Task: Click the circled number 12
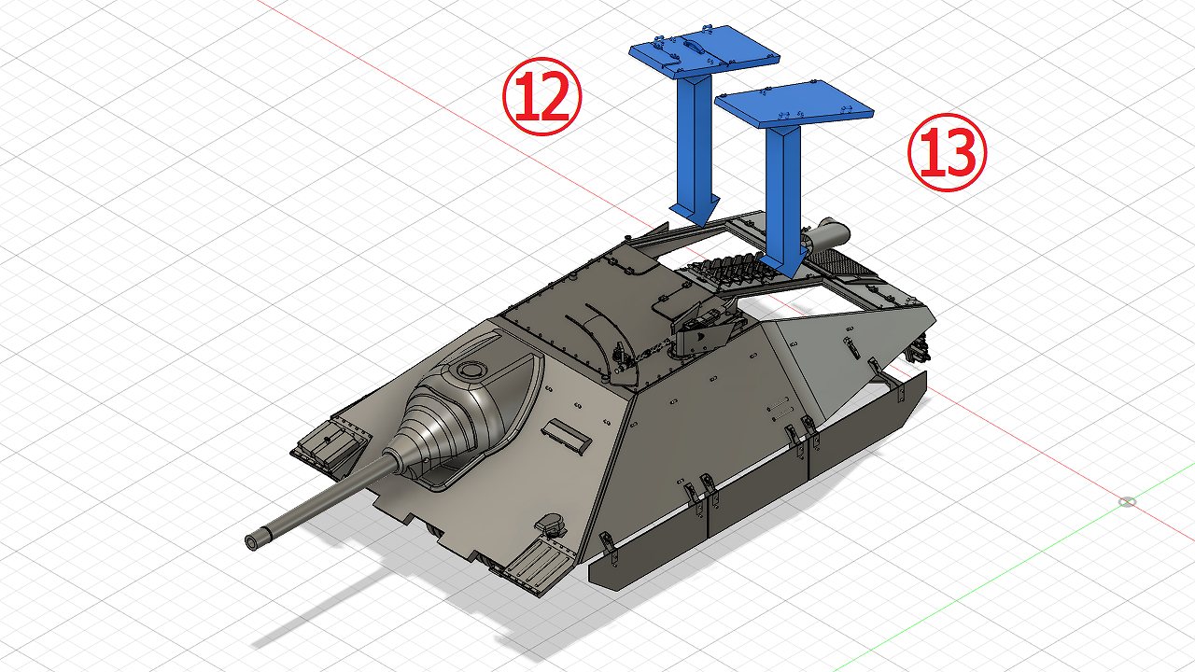point(541,96)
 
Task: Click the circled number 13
point(947,152)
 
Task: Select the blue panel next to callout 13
point(794,104)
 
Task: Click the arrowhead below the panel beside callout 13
point(783,263)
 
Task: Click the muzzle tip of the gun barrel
point(252,542)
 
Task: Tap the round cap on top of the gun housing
point(470,369)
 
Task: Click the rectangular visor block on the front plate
point(567,437)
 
